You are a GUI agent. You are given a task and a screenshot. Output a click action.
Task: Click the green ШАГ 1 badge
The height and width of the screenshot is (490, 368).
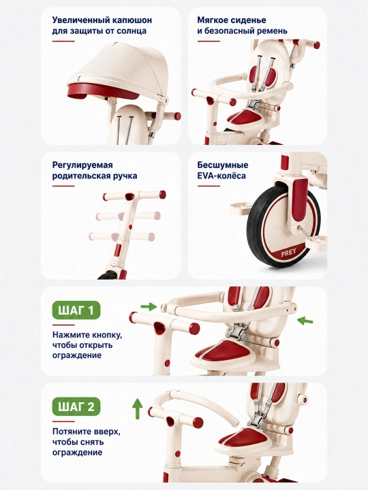[x=76, y=310]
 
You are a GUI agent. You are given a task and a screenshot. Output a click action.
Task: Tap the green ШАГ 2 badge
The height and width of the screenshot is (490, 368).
[x=76, y=406]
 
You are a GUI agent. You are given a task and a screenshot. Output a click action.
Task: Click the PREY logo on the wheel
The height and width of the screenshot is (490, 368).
[x=288, y=253]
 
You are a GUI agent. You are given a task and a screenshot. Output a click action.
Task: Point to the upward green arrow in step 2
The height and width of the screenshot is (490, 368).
[x=137, y=408]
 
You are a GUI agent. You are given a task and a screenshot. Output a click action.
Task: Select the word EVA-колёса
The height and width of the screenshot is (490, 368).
[x=221, y=176]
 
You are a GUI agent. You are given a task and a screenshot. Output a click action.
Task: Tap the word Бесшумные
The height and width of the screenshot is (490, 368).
[x=222, y=165]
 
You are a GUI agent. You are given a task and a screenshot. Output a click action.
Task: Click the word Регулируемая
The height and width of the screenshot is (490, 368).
[x=82, y=165]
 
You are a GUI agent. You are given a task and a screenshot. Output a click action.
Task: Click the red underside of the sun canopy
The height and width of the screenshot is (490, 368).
[x=103, y=91]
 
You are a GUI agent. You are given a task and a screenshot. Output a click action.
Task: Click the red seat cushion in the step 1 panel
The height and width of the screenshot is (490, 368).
[x=224, y=350]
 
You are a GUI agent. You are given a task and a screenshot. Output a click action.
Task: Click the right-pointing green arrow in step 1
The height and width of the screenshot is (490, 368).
[x=148, y=306]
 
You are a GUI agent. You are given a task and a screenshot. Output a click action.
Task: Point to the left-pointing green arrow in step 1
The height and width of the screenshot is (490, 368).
[x=305, y=321]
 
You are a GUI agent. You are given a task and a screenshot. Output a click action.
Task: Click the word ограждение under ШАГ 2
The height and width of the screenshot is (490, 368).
[x=77, y=452]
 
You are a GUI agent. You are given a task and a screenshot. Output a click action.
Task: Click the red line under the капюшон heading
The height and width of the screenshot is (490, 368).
[x=63, y=41]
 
